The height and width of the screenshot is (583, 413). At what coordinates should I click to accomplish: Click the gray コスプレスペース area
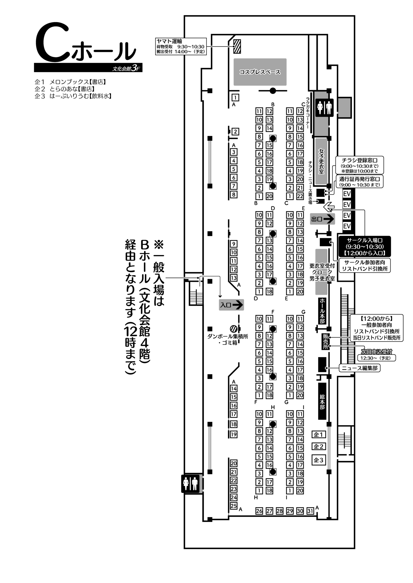coord(260,72)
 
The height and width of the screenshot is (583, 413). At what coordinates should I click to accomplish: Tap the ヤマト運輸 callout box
coord(181,46)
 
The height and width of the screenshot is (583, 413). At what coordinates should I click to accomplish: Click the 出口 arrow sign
coord(322,219)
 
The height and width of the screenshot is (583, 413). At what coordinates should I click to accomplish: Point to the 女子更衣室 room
coord(321,161)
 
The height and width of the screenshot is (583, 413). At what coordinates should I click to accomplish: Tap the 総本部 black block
coord(322,401)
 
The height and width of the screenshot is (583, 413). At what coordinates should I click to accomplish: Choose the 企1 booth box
coord(318,435)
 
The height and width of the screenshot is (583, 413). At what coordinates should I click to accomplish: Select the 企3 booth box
coord(318,460)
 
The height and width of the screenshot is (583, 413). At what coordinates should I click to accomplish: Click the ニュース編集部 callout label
coord(359,368)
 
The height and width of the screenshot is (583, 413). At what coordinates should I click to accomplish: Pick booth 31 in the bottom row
coord(310,511)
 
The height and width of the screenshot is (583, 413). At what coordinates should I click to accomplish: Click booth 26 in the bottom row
coord(259,511)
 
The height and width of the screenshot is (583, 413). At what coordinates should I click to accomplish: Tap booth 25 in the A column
coord(234,506)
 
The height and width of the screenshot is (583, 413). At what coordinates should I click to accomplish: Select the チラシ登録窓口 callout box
coord(359,165)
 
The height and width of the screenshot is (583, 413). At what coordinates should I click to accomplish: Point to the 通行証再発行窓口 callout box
coord(360,182)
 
